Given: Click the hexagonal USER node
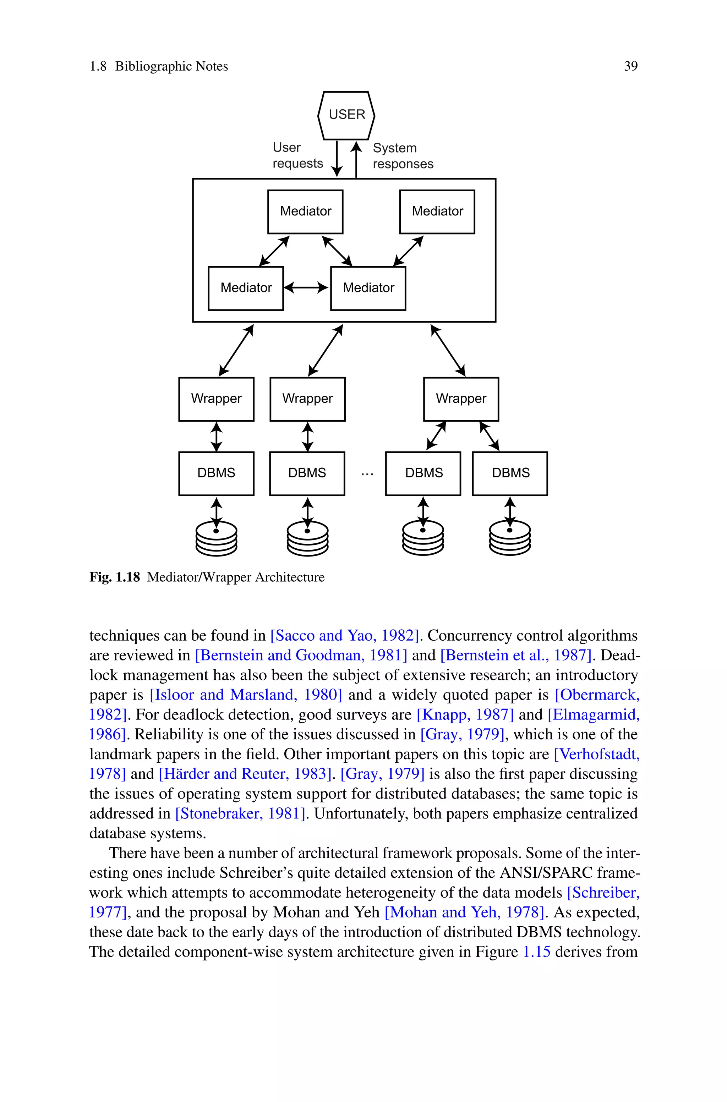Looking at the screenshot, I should click(x=346, y=115).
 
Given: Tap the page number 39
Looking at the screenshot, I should click(x=630, y=66).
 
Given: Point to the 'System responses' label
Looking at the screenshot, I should click(x=403, y=156).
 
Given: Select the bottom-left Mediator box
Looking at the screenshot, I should click(x=246, y=288).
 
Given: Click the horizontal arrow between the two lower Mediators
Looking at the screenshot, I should click(x=306, y=288).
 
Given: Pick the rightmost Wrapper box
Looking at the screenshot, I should click(x=461, y=399).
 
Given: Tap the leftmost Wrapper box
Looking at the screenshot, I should click(x=216, y=399).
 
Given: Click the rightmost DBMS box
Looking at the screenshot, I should click(x=510, y=473).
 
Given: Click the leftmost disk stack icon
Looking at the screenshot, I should click(x=217, y=538).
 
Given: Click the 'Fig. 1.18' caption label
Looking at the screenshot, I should click(x=115, y=577).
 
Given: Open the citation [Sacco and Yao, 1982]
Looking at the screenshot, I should click(x=344, y=635).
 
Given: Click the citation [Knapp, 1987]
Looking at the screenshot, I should click(x=465, y=714).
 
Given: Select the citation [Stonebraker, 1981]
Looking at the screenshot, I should click(x=240, y=813).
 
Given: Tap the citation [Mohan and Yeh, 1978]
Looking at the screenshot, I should click(x=464, y=912).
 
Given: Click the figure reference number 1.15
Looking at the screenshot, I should click(x=536, y=952).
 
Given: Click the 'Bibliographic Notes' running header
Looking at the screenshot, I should click(x=171, y=66).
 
